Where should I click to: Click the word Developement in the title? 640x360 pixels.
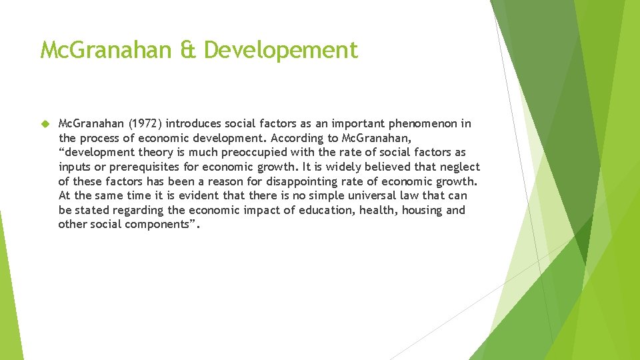point(281,49)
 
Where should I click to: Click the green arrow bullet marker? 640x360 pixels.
point(45,124)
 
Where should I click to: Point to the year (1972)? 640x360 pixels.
point(145,124)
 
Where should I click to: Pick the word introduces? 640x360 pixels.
point(195,124)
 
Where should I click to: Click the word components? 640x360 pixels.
point(156,225)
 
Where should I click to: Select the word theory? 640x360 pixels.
point(147,153)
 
